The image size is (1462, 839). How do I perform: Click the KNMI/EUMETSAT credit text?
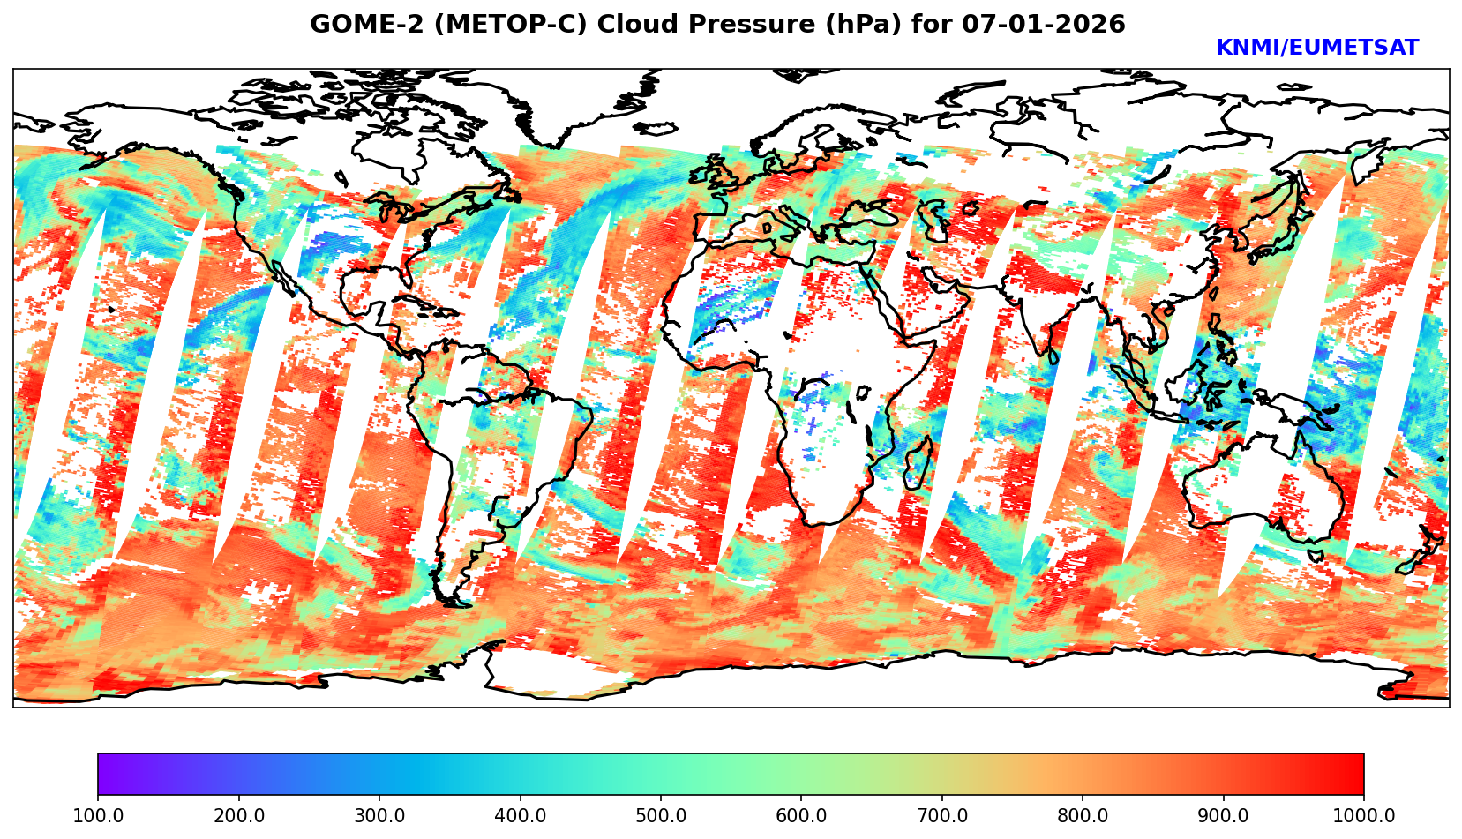point(1316,48)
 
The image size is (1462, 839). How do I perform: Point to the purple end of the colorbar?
point(106,774)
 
